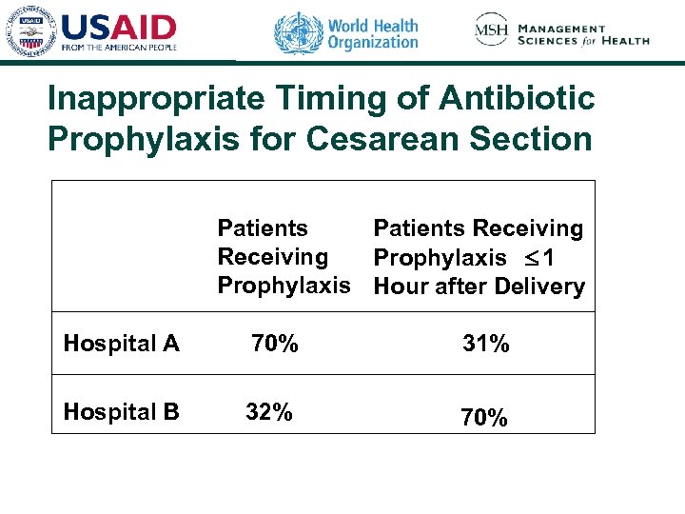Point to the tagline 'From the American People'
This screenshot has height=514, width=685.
[x=119, y=47]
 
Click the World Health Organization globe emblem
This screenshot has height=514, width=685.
[x=298, y=33]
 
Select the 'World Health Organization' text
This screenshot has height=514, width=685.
[x=372, y=33]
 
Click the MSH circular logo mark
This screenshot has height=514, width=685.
[x=491, y=31]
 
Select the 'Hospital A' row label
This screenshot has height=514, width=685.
[x=121, y=344]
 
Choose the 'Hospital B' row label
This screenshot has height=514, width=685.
[x=121, y=412]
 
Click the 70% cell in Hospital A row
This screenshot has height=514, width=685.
[x=275, y=343]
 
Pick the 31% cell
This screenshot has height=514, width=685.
[x=485, y=345]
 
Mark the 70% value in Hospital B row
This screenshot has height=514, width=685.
[x=484, y=417]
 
